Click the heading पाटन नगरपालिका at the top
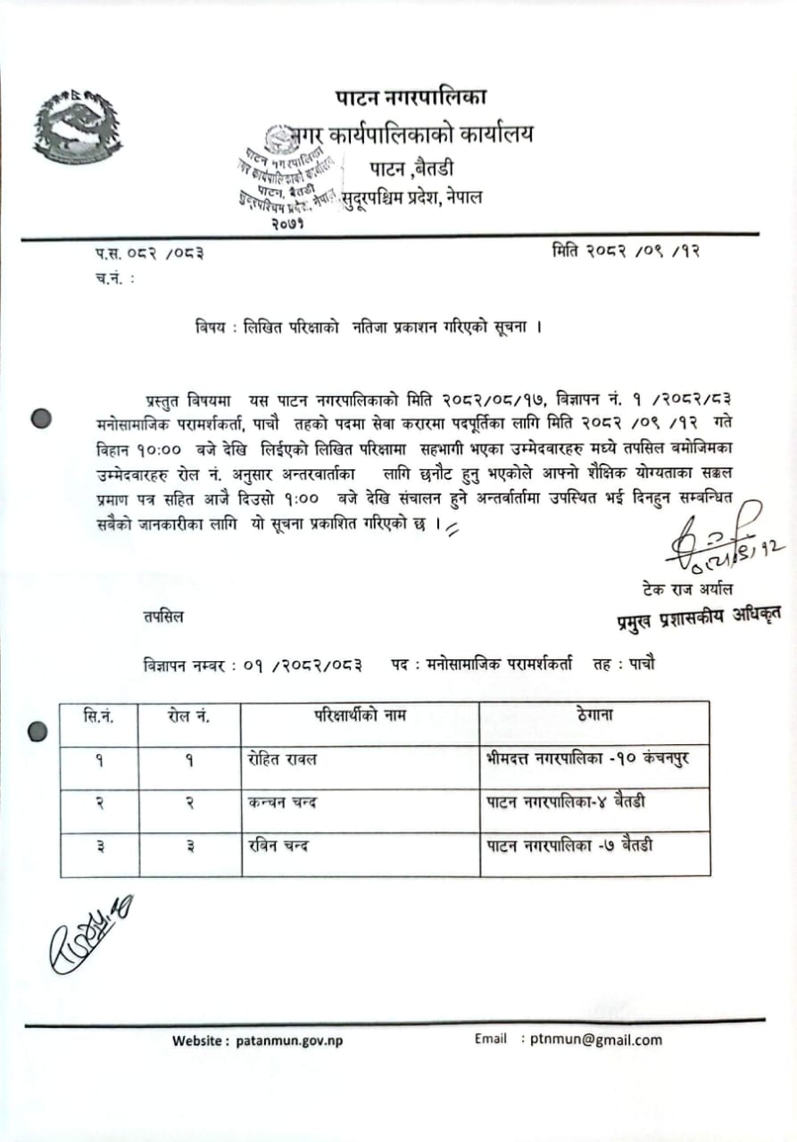(x=411, y=96)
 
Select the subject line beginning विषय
(x=369, y=327)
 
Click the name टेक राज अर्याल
(x=688, y=589)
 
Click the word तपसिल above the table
(x=162, y=617)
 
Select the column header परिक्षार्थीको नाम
(x=360, y=715)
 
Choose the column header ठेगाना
(x=594, y=715)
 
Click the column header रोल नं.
(x=188, y=716)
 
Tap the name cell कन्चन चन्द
(x=283, y=803)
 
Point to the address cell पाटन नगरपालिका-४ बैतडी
(x=566, y=802)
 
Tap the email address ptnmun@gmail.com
(x=596, y=1039)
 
